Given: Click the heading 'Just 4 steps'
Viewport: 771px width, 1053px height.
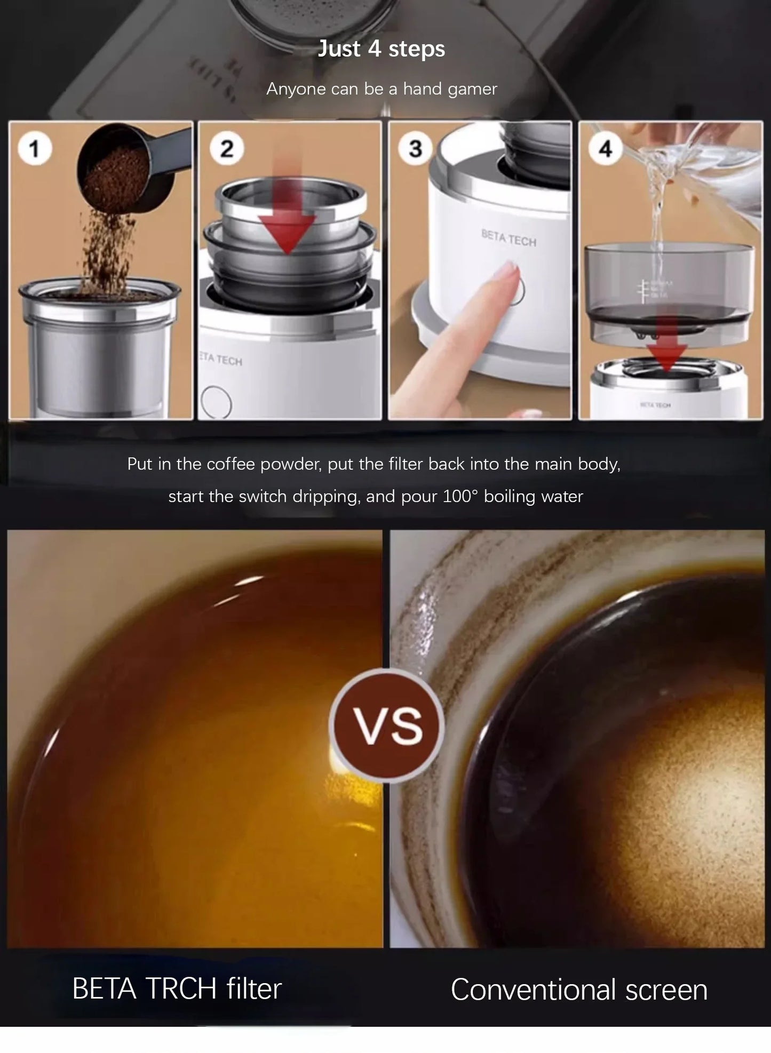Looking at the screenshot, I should (381, 49).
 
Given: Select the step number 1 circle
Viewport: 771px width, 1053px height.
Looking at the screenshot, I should (35, 148).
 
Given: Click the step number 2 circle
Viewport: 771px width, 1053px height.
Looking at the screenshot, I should (226, 148).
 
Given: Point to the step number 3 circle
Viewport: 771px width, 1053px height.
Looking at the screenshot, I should (415, 148).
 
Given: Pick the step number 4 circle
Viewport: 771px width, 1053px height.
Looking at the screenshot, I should (605, 148).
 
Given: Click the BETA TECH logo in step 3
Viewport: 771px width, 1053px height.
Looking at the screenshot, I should (508, 238).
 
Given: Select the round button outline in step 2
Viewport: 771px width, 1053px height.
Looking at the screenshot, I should (216, 402).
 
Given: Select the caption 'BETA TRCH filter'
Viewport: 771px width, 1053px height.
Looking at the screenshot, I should (177, 988).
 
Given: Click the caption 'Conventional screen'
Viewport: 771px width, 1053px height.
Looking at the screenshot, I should (579, 990).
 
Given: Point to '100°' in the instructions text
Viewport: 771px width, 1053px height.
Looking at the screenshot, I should (460, 497).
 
